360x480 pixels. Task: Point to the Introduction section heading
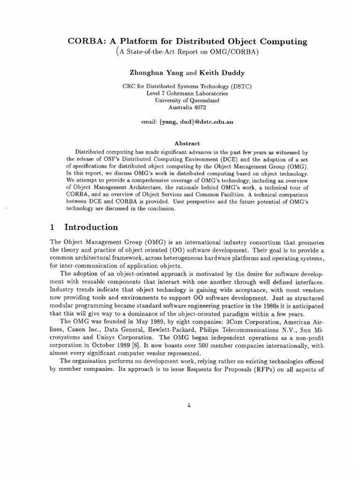tap(91, 227)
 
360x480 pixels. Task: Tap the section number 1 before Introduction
tap(52, 227)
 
